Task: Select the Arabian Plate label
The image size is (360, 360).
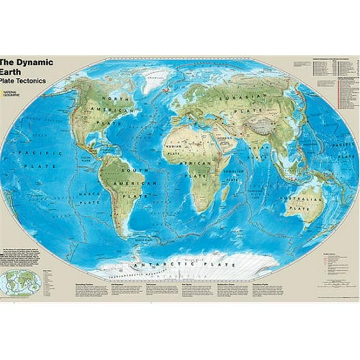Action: (x=222, y=139)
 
